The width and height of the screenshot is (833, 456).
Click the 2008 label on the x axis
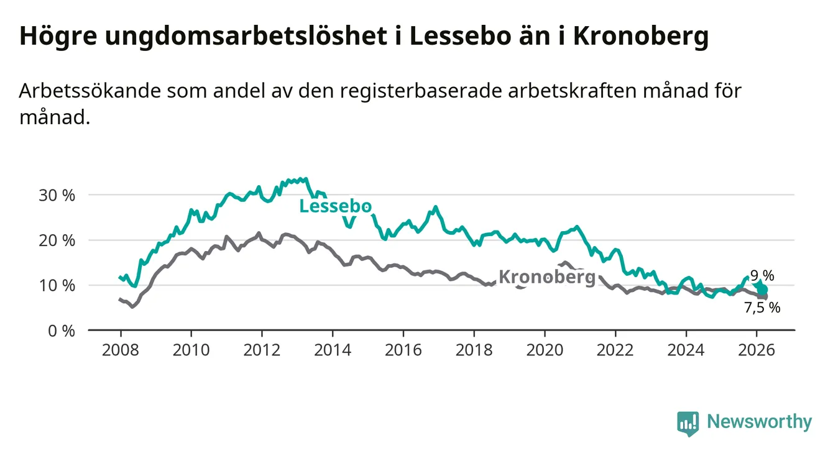click(x=120, y=349)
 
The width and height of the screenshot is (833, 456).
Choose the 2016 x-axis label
click(x=403, y=349)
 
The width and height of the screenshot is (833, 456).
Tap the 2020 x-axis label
click(x=544, y=349)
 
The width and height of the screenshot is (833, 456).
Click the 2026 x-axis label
click(x=756, y=349)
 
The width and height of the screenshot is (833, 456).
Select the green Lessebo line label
click(x=336, y=206)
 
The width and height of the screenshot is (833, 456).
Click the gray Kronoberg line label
click(x=547, y=277)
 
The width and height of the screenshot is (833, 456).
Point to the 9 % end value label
click(x=762, y=276)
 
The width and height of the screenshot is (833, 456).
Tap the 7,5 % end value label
click(x=762, y=307)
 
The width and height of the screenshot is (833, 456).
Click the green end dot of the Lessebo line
click(x=763, y=290)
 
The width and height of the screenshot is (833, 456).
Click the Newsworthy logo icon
click(x=688, y=423)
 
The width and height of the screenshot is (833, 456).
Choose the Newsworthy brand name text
click(x=759, y=422)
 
